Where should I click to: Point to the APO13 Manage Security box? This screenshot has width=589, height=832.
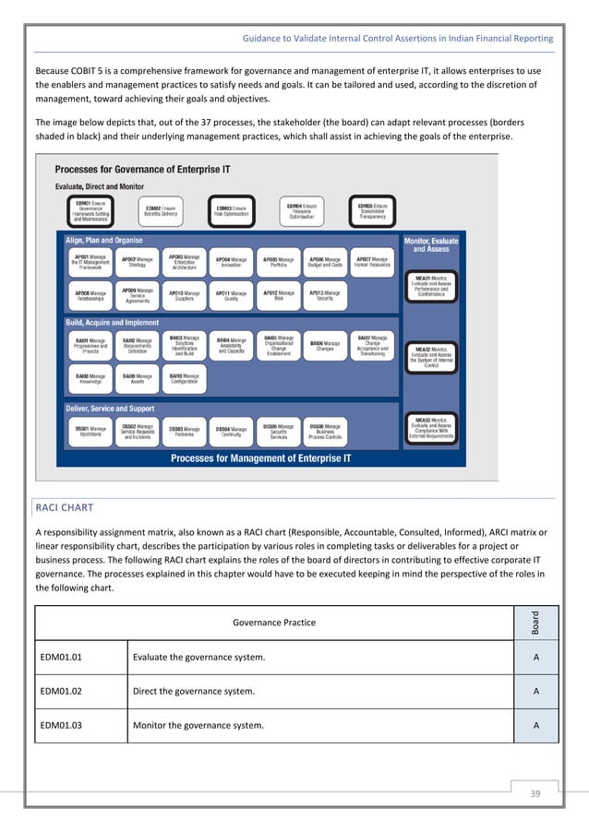(325, 296)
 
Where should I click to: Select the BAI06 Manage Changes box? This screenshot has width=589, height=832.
(325, 345)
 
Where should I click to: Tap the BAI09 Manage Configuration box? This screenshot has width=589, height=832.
(184, 379)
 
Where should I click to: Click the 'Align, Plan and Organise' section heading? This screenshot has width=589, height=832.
(105, 240)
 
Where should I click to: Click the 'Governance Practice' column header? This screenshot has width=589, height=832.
(273, 623)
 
